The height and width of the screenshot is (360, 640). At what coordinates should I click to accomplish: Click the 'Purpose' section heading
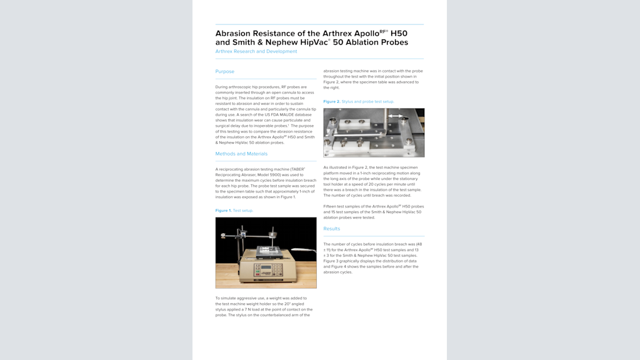click(225, 71)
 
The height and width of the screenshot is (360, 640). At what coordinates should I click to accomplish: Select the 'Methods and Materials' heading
click(241, 154)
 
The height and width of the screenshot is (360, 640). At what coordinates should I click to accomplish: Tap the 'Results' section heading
click(331, 229)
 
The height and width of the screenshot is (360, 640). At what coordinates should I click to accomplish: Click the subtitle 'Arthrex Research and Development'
click(256, 51)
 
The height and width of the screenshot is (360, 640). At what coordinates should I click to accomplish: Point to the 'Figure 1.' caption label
click(223, 211)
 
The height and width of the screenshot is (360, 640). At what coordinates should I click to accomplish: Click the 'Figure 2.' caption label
click(331, 101)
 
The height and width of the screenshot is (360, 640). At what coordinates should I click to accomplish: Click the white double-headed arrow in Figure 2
click(394, 116)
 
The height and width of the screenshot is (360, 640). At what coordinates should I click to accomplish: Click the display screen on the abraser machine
click(266, 266)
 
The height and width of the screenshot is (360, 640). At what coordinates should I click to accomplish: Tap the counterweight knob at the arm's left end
click(224, 235)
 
